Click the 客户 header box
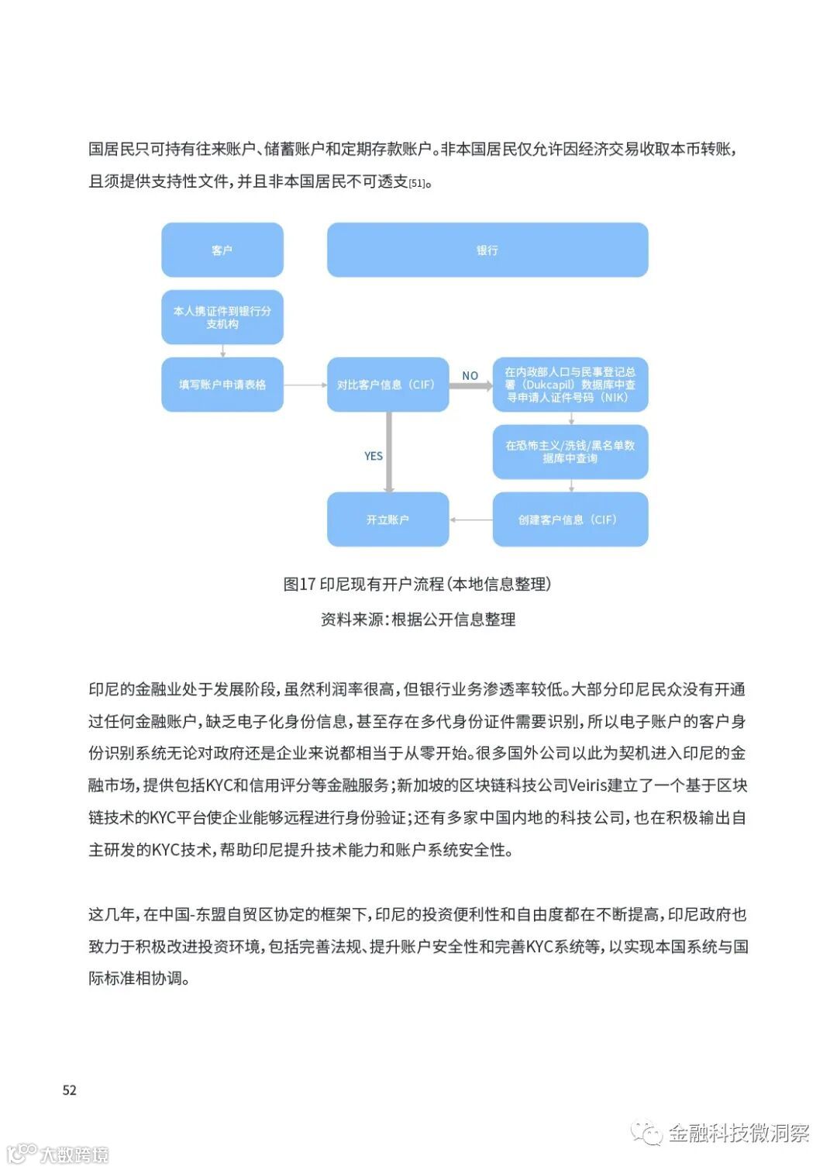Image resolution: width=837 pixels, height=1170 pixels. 222,250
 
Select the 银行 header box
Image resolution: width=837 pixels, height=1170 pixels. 487,250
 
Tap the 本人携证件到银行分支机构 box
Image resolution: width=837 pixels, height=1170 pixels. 222,317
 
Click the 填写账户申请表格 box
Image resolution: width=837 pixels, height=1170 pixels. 222,385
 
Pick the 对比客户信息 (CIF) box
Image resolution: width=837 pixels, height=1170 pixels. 387,385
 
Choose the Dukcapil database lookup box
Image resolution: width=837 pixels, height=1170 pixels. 570,385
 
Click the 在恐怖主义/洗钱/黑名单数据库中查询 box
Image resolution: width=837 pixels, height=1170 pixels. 570,452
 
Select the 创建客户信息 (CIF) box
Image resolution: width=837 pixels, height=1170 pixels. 570,519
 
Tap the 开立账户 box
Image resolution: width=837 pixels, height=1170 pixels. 387,519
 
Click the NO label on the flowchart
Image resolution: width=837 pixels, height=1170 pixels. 470,375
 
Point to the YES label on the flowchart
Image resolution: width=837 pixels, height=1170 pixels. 374,456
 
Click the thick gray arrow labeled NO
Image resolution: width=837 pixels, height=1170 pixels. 470,385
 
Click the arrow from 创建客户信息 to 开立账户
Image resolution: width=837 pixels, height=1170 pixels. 471,519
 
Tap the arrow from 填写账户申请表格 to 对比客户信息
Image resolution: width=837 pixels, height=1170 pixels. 305,385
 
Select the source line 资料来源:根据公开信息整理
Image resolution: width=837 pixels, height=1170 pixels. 418,620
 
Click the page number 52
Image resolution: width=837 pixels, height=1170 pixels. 70,1090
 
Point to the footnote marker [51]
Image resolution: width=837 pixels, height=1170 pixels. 417,184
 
